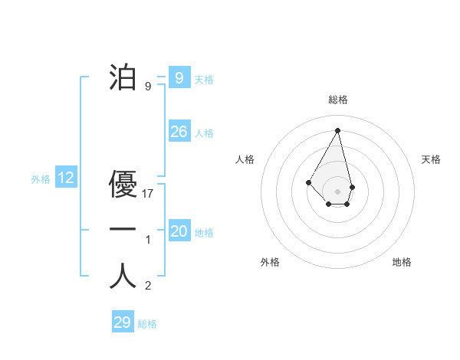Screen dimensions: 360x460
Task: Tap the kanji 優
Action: click(x=123, y=184)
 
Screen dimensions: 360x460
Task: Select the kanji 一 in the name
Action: click(x=123, y=229)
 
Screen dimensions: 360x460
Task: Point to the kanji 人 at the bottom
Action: click(x=123, y=276)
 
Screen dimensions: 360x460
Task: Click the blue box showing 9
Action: click(x=179, y=77)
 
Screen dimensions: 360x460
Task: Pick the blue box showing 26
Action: click(x=179, y=132)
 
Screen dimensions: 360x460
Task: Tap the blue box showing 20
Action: click(x=179, y=231)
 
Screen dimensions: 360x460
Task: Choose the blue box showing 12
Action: click(x=66, y=178)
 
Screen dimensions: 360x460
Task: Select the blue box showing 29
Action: click(x=122, y=322)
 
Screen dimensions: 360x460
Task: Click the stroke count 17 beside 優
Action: click(x=149, y=194)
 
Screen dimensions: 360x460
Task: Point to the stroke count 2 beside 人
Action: click(x=148, y=286)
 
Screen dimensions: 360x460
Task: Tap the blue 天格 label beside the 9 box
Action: click(x=204, y=80)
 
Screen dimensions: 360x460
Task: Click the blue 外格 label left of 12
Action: click(x=41, y=180)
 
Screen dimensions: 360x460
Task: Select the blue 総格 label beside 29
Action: click(x=147, y=324)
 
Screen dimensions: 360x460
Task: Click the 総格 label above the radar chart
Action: click(x=338, y=100)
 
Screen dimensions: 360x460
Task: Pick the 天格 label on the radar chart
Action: click(x=431, y=159)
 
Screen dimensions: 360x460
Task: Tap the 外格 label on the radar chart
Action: click(x=270, y=262)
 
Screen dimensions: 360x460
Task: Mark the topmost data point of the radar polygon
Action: click(x=337, y=129)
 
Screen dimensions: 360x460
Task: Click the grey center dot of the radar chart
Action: click(x=337, y=191)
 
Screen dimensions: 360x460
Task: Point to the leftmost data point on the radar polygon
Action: click(x=308, y=182)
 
